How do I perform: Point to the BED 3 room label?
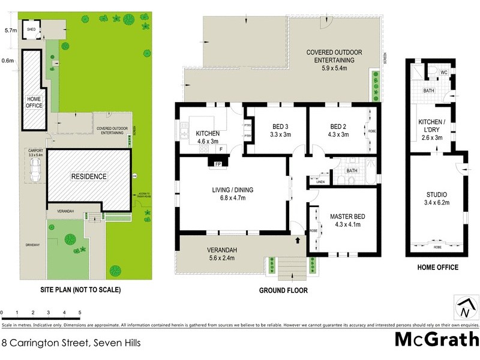click(x=281, y=131)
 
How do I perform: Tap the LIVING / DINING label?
click(x=233, y=194)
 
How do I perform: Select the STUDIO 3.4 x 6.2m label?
click(x=437, y=199)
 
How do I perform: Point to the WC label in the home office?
click(x=444, y=73)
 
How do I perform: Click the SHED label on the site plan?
click(x=30, y=28)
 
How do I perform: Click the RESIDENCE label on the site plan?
click(x=89, y=176)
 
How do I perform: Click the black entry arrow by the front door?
click(x=298, y=241)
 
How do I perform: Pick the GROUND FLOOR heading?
click(x=283, y=290)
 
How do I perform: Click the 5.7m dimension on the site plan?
click(x=10, y=29)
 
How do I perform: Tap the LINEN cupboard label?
click(x=320, y=182)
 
